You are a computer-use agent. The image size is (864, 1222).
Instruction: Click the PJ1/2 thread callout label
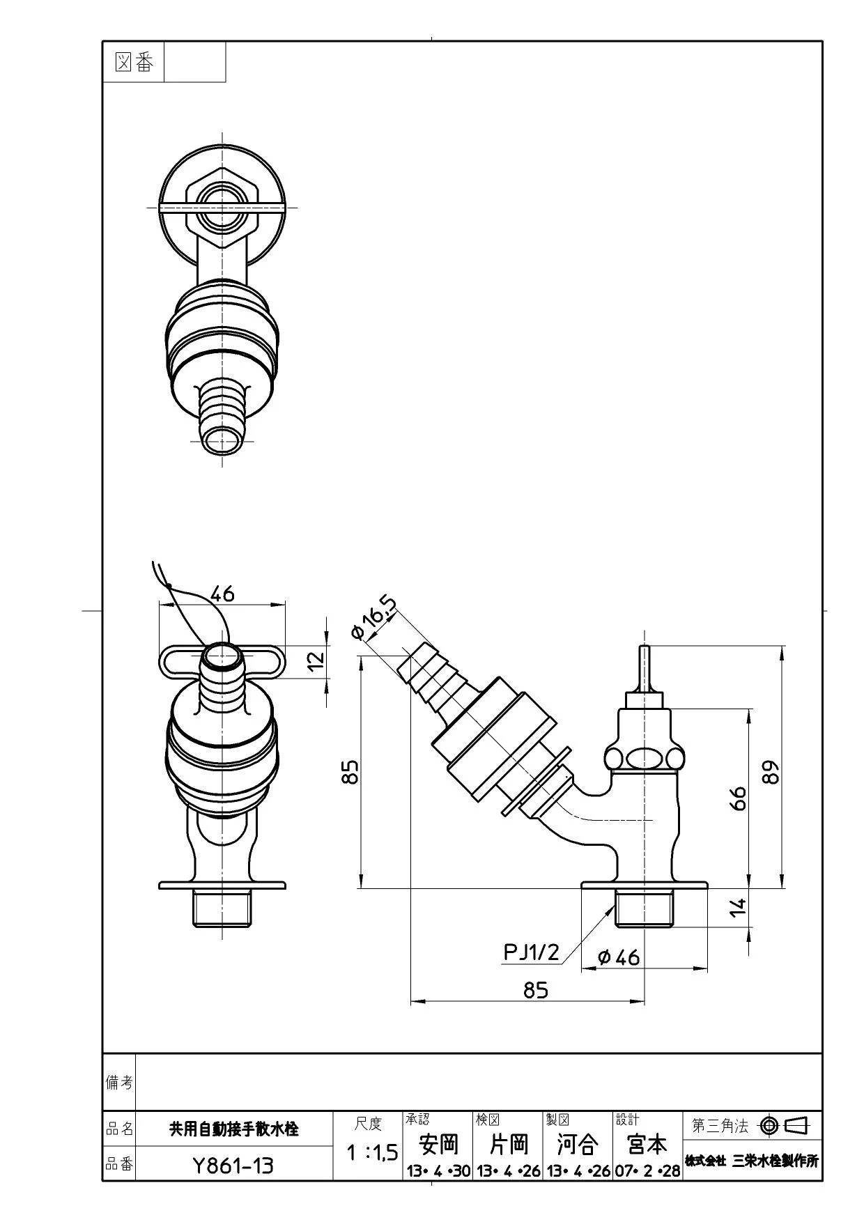click(x=532, y=952)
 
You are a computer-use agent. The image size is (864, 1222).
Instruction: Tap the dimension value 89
click(x=771, y=771)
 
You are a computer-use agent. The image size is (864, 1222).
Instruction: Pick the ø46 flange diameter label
click(x=619, y=958)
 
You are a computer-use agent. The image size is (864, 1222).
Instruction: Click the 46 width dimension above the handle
click(x=222, y=594)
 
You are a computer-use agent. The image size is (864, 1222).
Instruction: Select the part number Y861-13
click(x=233, y=1166)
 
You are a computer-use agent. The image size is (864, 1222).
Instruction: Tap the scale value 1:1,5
click(x=372, y=1153)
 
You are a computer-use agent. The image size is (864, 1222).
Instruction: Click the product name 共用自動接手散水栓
click(x=234, y=1129)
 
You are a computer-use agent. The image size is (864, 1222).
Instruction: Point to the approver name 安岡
click(x=438, y=1144)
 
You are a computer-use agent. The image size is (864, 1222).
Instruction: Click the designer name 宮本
click(x=647, y=1144)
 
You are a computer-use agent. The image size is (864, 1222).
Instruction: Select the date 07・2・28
click(x=647, y=1171)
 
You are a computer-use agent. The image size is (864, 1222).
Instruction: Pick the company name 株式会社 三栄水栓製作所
click(x=752, y=1161)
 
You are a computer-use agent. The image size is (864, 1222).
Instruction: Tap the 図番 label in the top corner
click(x=134, y=63)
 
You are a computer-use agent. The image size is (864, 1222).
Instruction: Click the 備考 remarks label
click(x=119, y=1082)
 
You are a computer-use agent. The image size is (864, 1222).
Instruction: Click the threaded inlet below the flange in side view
click(x=644, y=908)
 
